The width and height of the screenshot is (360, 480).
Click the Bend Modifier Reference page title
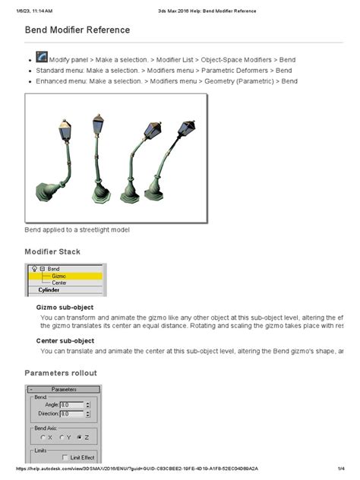click(x=77, y=30)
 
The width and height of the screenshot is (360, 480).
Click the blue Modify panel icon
click(x=41, y=58)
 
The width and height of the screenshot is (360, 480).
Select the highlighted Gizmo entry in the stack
click(x=59, y=276)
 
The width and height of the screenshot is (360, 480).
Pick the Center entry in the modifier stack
click(x=59, y=283)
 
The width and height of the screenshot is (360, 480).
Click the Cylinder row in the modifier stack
click(x=49, y=290)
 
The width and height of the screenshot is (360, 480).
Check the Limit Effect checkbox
click(x=65, y=457)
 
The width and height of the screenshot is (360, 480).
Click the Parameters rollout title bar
click(x=63, y=389)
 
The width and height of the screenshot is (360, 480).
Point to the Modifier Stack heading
click(x=52, y=251)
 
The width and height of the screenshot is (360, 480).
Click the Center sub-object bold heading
click(x=65, y=341)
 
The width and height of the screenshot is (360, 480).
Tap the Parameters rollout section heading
click(x=61, y=373)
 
